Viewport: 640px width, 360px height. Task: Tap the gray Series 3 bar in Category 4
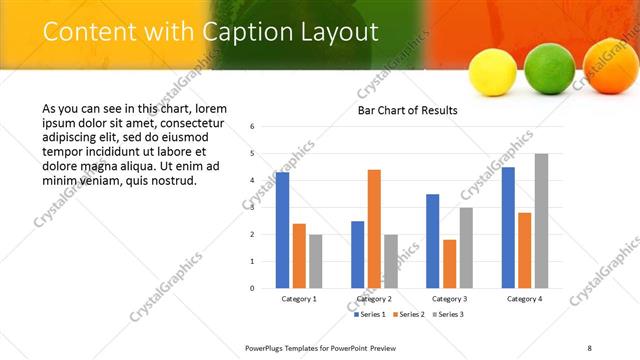click(x=541, y=221)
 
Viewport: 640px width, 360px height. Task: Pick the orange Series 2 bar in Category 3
click(x=449, y=264)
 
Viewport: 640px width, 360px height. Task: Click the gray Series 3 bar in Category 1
click(x=316, y=261)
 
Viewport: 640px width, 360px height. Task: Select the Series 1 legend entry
click(x=371, y=314)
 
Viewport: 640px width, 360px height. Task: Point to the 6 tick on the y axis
click(x=253, y=127)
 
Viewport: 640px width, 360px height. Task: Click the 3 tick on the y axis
click(x=253, y=208)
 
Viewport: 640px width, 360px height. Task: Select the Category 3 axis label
click(x=449, y=298)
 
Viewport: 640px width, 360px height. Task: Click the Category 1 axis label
click(x=299, y=298)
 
